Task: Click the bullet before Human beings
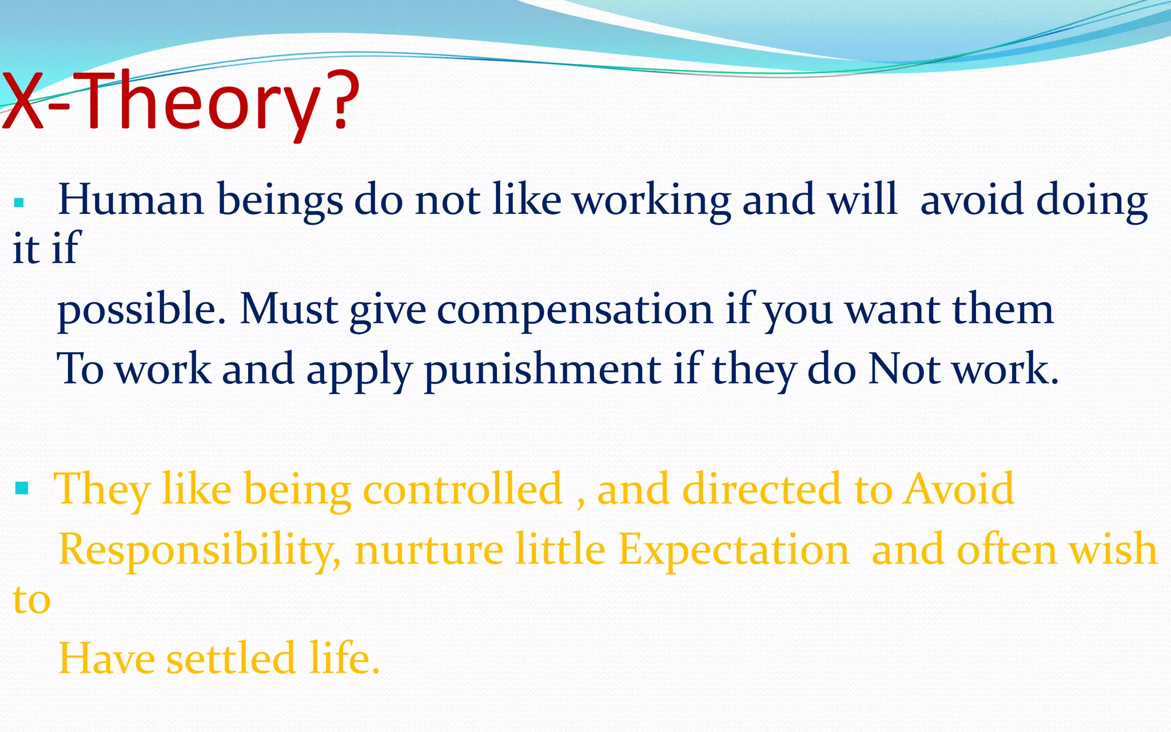[x=19, y=202]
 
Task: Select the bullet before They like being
[x=22, y=488]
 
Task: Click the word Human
[x=131, y=200]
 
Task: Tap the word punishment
[x=542, y=369]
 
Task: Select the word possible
[x=141, y=310]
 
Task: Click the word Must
[x=289, y=309]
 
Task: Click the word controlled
[x=463, y=489]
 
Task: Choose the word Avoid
[x=958, y=489]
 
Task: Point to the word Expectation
[x=734, y=550]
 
